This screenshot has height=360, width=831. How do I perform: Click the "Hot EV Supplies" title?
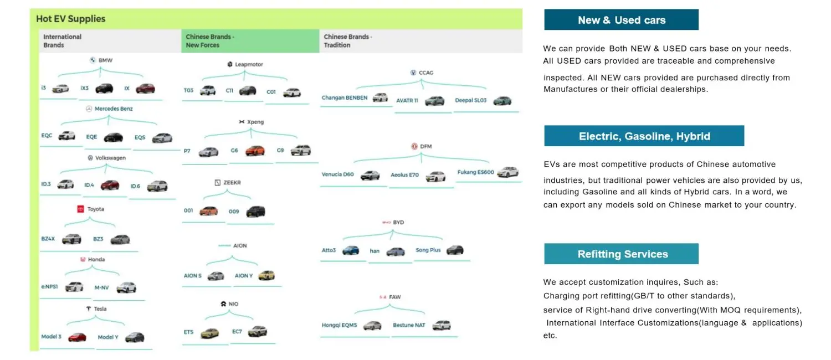click(70, 19)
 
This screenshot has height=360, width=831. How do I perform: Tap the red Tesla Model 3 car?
click(77, 337)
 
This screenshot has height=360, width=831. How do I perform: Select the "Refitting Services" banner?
click(621, 254)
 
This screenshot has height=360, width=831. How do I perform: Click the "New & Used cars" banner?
click(621, 20)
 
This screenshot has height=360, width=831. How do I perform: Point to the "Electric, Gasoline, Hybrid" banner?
click(644, 136)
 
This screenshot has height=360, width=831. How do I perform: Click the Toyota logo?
click(80, 209)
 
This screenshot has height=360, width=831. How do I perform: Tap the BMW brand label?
click(105, 60)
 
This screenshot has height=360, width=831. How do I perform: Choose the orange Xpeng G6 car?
click(255, 151)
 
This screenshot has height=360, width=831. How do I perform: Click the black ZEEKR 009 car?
click(255, 211)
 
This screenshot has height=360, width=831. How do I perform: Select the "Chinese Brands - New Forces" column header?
click(210, 41)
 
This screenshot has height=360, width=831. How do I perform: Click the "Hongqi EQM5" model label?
click(339, 325)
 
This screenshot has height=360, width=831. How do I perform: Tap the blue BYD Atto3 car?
click(350, 250)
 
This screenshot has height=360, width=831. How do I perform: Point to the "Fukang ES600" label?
click(475, 172)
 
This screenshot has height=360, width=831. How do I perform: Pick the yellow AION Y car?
click(266, 275)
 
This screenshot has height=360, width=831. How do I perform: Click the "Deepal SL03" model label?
click(471, 101)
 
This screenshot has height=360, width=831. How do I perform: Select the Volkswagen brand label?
click(110, 158)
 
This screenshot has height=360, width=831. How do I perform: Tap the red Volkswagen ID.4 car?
click(110, 185)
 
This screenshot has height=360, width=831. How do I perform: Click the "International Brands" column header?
click(62, 41)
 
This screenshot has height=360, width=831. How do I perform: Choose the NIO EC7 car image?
click(257, 331)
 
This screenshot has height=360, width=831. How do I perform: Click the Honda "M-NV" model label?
click(101, 287)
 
